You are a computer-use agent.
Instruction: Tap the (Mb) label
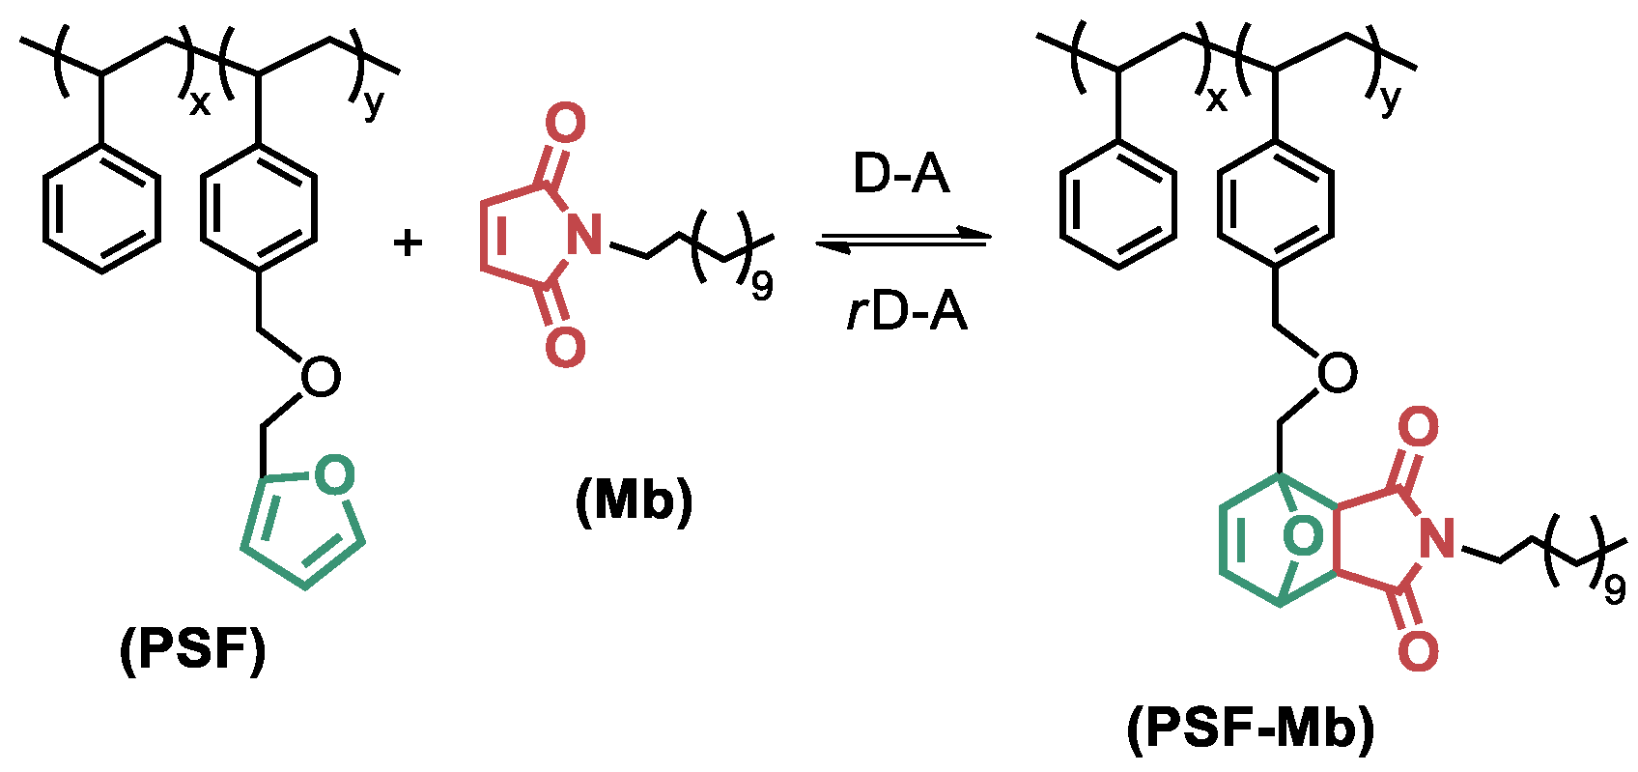pos(635,502)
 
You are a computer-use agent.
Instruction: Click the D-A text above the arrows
pos(901,175)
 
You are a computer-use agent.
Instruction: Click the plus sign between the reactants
pos(409,243)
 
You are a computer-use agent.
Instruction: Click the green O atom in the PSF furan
pos(334,475)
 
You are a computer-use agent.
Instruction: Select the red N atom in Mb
pos(583,235)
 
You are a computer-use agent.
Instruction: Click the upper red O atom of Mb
pos(565,125)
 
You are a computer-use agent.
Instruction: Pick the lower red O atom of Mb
pos(565,346)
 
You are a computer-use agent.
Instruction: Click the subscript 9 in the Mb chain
pos(762,287)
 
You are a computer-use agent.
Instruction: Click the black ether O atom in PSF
pos(320,378)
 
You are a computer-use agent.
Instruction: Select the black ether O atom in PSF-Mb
pos(1337,374)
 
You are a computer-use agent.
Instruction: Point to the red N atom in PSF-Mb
pos(1438,538)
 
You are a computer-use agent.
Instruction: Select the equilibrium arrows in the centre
pos(904,240)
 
